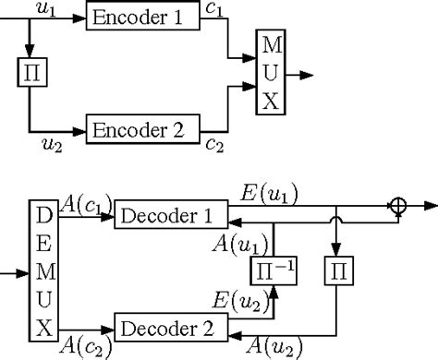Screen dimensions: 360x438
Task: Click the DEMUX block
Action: tap(43, 272)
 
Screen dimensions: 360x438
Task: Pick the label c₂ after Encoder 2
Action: tap(213, 146)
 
